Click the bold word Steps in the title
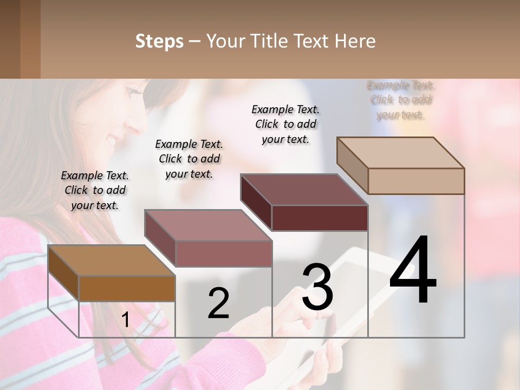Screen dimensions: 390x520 pos(159,42)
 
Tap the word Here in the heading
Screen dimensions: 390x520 pos(355,41)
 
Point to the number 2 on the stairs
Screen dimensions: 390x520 pos(218,303)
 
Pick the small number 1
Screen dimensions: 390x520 pos(125,320)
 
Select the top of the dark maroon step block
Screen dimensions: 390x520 pos(304,190)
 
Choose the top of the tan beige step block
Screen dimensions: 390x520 pos(400,153)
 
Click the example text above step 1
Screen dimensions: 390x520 pos(95,190)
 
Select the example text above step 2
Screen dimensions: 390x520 pos(189,159)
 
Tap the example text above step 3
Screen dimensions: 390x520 pos(285,124)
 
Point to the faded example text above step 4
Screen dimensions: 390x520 pos(401,100)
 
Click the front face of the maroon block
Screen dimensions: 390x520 pos(320,218)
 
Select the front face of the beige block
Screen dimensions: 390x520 pos(416,181)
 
